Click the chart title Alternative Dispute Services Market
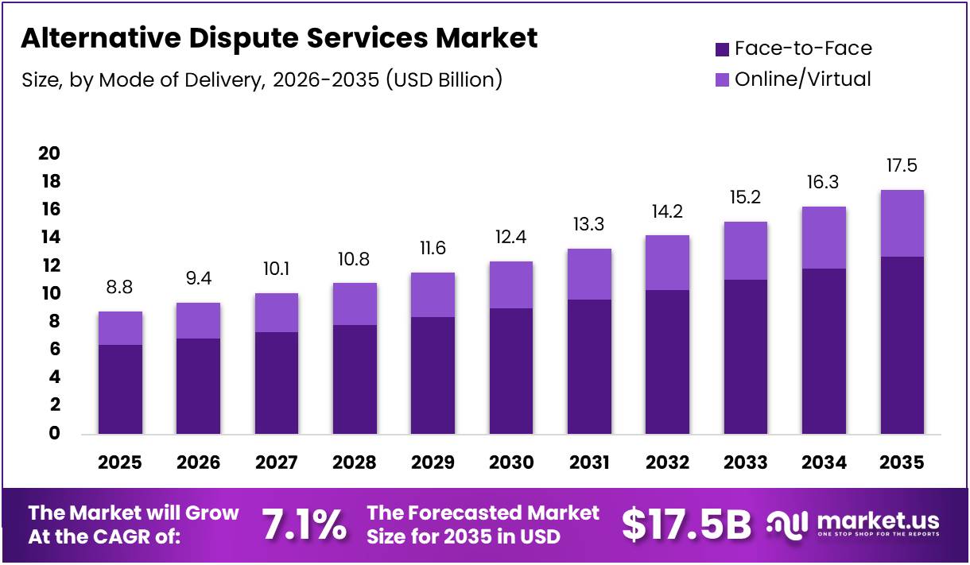tap(279, 38)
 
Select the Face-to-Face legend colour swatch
tap(722, 49)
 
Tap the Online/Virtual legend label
tap(802, 79)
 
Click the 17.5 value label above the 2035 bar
tap(902, 166)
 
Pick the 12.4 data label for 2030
tap(510, 237)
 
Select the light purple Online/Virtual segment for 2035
tap(902, 223)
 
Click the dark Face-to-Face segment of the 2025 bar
tap(120, 389)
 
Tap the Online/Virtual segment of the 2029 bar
tap(433, 295)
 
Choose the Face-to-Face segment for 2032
tap(667, 362)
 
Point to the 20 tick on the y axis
tap(49, 153)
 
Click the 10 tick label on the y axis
tap(49, 293)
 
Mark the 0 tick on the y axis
tap(54, 433)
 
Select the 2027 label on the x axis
tap(276, 462)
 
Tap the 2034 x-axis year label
tap(824, 462)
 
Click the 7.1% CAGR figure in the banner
tap(305, 525)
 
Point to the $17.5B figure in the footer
tap(686, 525)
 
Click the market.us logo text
tap(877, 521)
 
